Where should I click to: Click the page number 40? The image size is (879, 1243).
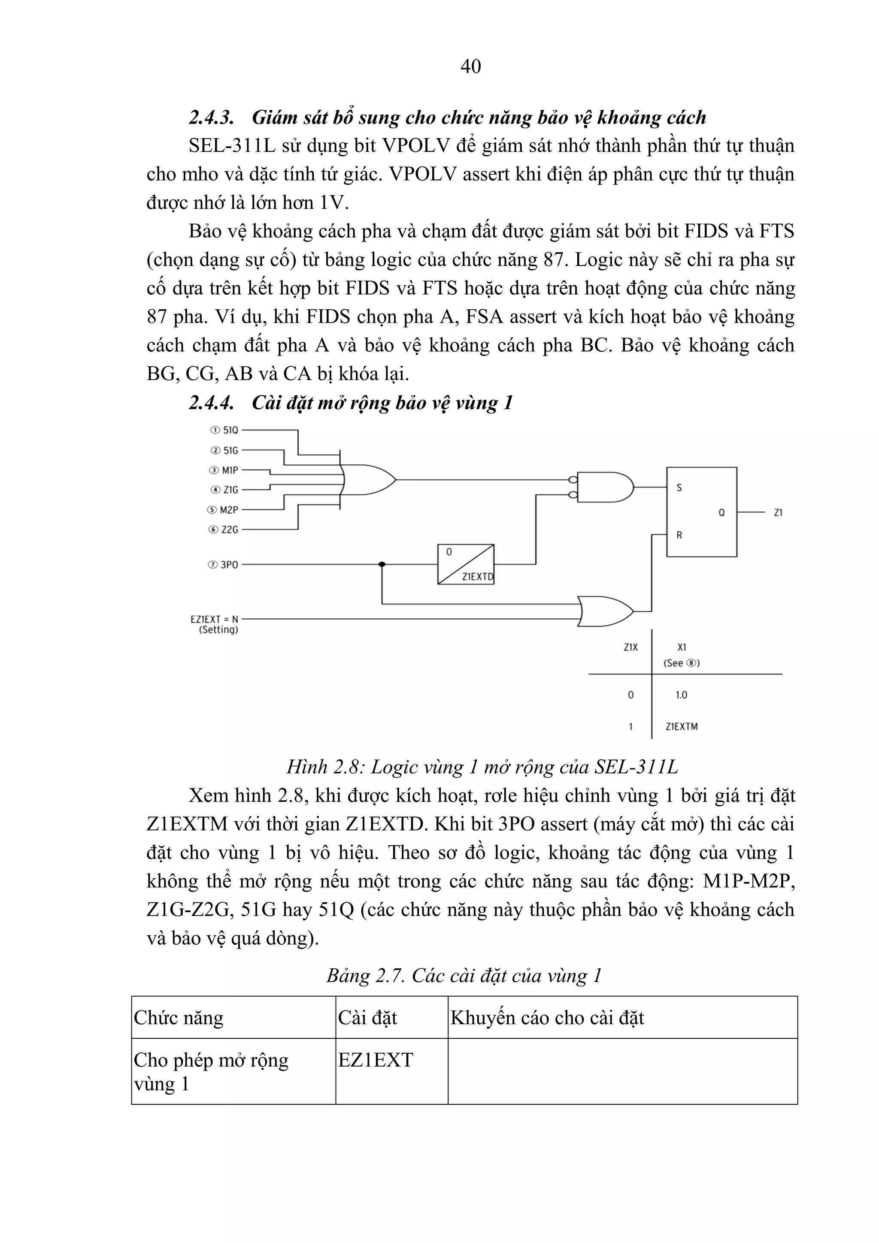pyautogui.click(x=470, y=66)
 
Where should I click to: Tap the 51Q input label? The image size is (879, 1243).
pyautogui.click(x=230, y=430)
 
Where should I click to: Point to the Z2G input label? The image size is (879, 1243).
pyautogui.click(x=230, y=529)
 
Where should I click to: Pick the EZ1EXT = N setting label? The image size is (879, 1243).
pyautogui.click(x=215, y=619)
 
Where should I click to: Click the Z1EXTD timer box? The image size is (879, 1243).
pyautogui.click(x=466, y=564)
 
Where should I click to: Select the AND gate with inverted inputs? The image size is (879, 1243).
pyautogui.click(x=604, y=487)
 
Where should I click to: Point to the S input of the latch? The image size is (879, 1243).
pyautogui.click(x=679, y=487)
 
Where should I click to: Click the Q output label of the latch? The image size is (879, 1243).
pyautogui.click(x=721, y=512)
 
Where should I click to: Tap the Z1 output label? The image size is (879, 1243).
pyautogui.click(x=778, y=512)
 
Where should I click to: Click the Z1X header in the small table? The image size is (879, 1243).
pyautogui.click(x=631, y=647)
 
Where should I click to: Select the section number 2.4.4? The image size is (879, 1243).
pyautogui.click(x=211, y=403)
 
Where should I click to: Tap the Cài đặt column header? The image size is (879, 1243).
pyautogui.click(x=368, y=1018)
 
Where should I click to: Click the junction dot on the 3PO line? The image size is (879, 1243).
pyautogui.click(x=382, y=564)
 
